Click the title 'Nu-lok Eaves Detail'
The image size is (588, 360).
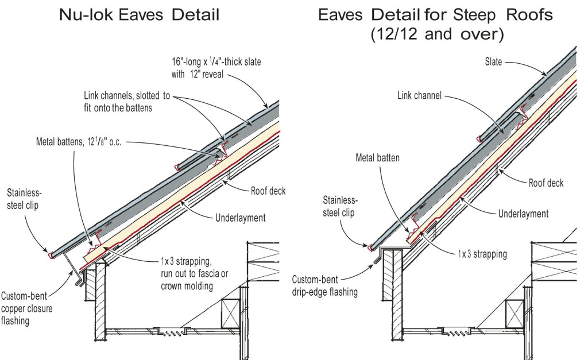[139, 14]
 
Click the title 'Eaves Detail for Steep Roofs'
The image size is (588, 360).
[436, 14]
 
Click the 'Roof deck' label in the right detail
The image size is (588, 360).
[546, 183]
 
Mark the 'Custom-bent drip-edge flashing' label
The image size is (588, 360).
[324, 285]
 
